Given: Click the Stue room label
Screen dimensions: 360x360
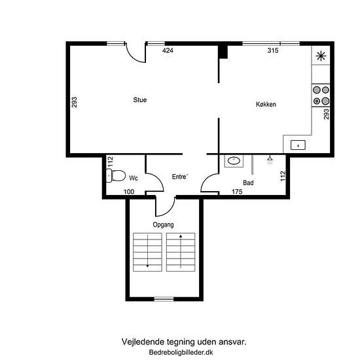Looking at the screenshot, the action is (x=140, y=100).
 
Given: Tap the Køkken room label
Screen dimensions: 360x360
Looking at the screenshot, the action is (x=266, y=104).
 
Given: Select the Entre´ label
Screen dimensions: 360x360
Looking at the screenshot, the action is (x=180, y=177).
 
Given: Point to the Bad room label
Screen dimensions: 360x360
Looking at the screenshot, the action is (x=248, y=183).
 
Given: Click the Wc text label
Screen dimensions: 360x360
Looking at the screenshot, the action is (x=134, y=178).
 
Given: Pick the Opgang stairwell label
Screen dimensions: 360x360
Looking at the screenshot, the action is (x=163, y=225).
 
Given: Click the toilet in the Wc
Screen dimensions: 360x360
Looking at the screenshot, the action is (x=116, y=175).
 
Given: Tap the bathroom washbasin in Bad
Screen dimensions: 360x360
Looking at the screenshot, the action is (x=234, y=161).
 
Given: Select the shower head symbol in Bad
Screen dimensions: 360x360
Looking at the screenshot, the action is (x=270, y=160).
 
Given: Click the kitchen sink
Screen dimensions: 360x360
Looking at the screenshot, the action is (x=298, y=145).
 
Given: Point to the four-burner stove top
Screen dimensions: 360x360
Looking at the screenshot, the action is (x=321, y=96).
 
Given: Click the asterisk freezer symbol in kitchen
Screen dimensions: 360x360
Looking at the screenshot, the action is (x=321, y=56).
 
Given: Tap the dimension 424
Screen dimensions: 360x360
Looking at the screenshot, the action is (x=168, y=50).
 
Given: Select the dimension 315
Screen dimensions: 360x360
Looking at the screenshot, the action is (x=273, y=50).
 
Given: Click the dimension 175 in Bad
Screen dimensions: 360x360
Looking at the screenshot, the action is (x=237, y=192).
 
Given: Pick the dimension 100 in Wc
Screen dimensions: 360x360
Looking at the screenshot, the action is (x=129, y=192).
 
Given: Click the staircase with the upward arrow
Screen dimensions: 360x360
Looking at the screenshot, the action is (x=181, y=252).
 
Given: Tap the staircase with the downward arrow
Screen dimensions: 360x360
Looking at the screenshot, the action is (x=148, y=252).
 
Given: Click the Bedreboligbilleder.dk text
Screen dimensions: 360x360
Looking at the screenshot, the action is (x=181, y=352).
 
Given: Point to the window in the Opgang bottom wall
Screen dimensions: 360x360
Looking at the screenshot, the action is (x=164, y=299).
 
